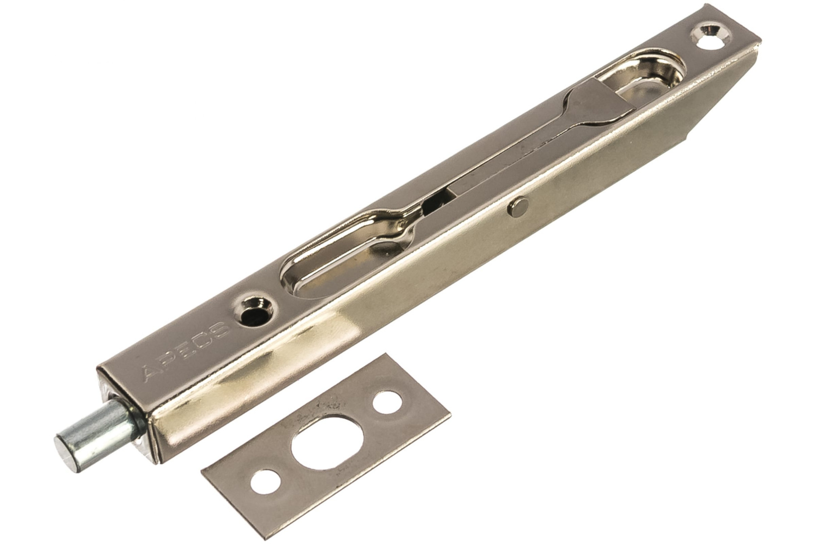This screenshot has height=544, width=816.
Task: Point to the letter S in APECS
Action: [x=220, y=328]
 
